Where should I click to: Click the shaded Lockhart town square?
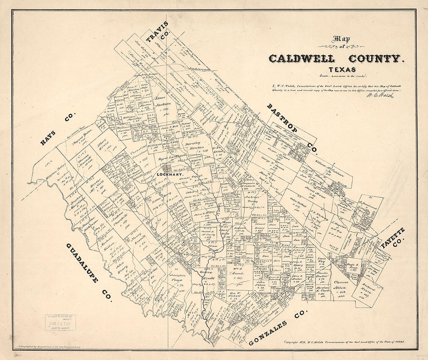167,169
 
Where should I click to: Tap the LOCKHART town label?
167,175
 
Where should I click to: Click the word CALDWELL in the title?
302,59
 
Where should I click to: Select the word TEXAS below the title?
342,70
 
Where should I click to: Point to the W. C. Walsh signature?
379,95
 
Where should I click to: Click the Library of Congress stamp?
60,322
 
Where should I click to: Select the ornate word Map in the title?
342,39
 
